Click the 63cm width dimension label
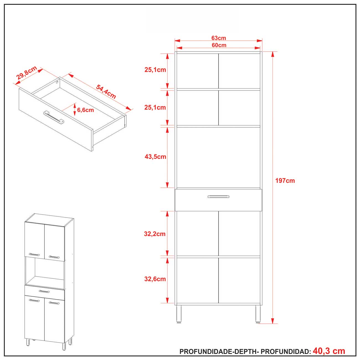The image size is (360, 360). pyautogui.click(x=218, y=38)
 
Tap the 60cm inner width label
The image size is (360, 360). pyautogui.click(x=219, y=45)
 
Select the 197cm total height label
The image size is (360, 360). pyautogui.click(x=285, y=181)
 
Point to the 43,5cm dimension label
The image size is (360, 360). pyautogui.click(x=155, y=156)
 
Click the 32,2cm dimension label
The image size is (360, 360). pyautogui.click(x=155, y=234)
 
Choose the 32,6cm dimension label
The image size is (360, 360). pyautogui.click(x=155, y=279)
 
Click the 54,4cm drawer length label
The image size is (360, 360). pyautogui.click(x=106, y=92)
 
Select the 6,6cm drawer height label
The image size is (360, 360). pyautogui.click(x=85, y=110)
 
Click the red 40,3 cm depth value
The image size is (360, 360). pyautogui.click(x=329, y=351)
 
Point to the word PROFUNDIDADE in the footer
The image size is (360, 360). pyautogui.click(x=206, y=351)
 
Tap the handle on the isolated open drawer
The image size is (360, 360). pyautogui.click(x=54, y=117)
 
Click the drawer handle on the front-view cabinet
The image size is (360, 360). pyautogui.click(x=218, y=197)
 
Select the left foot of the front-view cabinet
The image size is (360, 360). pyautogui.click(x=179, y=314)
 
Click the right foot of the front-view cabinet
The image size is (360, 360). pyautogui.click(x=258, y=314)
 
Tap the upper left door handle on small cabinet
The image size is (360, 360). pyautogui.click(x=34, y=254)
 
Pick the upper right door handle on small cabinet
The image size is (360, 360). pyautogui.click(x=54, y=257)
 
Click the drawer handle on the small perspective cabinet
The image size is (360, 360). pyautogui.click(x=44, y=291)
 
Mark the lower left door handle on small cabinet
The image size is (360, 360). pyautogui.click(x=34, y=300)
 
